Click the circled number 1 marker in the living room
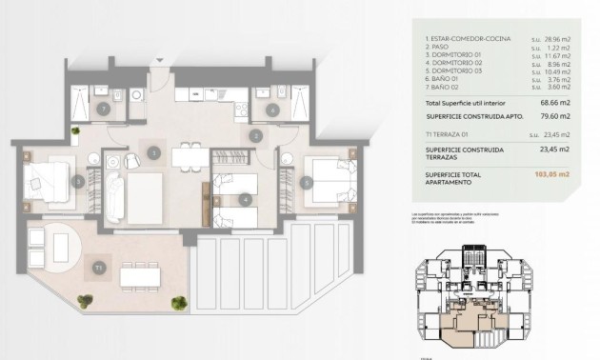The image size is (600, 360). (154, 152)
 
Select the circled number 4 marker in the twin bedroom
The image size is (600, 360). (246, 199)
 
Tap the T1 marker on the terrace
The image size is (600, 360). (99, 268)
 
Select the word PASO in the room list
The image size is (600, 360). (438, 47)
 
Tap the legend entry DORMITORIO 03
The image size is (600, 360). (454, 71)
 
